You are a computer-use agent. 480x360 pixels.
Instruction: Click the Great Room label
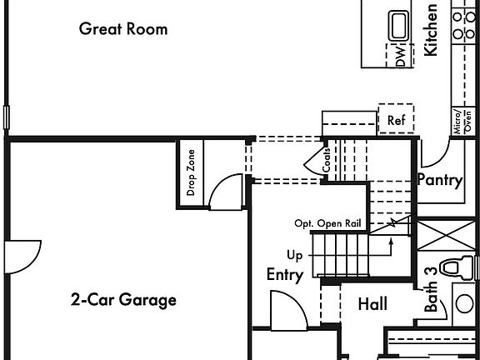tap(123, 29)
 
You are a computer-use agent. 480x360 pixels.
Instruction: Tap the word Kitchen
tap(431, 30)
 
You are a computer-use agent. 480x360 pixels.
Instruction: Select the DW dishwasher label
tap(400, 57)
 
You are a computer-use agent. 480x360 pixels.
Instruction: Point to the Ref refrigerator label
tap(395, 120)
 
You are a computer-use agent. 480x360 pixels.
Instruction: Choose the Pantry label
tap(439, 180)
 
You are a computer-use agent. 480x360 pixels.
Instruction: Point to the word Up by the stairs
tap(295, 255)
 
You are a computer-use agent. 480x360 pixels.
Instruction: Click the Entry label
tap(284, 275)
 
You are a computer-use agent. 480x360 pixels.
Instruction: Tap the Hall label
tap(372, 305)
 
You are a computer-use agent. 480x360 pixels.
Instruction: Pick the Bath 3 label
tap(430, 289)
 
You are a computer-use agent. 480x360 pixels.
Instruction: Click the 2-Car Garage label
tap(123, 300)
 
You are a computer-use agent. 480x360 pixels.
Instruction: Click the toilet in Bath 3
tap(452, 268)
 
